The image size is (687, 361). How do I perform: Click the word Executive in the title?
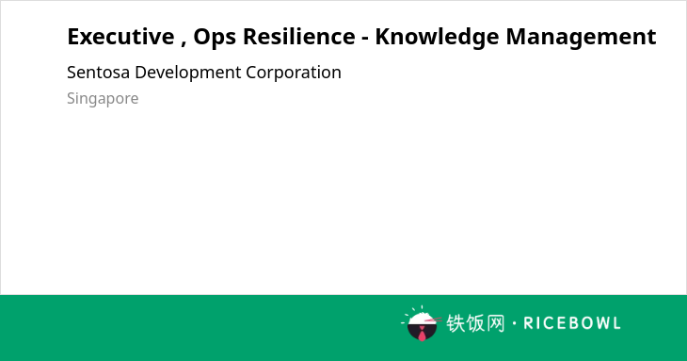120,37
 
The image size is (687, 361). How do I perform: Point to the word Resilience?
299,37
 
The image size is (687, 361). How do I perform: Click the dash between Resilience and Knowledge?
365,39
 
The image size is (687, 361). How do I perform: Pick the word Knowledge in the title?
437,38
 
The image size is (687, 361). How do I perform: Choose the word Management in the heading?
581,38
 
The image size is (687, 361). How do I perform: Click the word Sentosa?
98,73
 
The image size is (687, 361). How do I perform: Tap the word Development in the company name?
188,74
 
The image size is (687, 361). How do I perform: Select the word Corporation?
294,74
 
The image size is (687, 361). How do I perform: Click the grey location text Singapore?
103,99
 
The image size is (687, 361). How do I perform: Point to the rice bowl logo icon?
422,323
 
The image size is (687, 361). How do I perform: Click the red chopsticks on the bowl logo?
433,320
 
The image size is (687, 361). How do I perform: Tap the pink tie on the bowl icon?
422,334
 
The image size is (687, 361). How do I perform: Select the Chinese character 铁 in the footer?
455,323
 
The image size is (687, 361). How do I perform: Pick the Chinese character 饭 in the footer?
475,323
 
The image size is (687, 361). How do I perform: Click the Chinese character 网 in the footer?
496,323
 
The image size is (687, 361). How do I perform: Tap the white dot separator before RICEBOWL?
514,323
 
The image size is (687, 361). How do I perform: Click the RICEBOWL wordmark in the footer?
572,323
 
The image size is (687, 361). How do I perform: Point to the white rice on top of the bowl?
421,318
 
